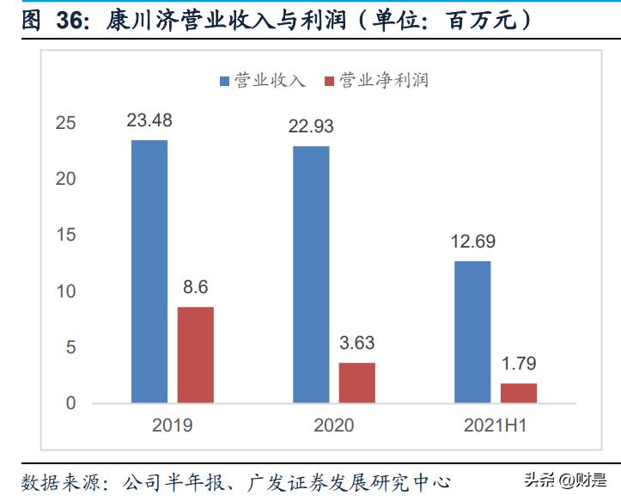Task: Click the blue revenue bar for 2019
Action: [149, 271]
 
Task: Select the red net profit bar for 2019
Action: [195, 354]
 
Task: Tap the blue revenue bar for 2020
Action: [311, 274]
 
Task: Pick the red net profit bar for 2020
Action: [356, 383]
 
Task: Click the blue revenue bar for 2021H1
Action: [472, 332]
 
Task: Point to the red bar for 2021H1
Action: [518, 393]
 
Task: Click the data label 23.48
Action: [149, 121]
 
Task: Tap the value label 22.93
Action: [311, 127]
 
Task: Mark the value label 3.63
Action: [356, 344]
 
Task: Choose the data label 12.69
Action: [472, 242]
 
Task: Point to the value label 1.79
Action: [518, 364]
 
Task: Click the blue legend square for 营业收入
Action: [225, 81]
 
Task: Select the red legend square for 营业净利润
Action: [329, 81]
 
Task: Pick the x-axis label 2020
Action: [333, 425]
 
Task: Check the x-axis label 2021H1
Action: [495, 425]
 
